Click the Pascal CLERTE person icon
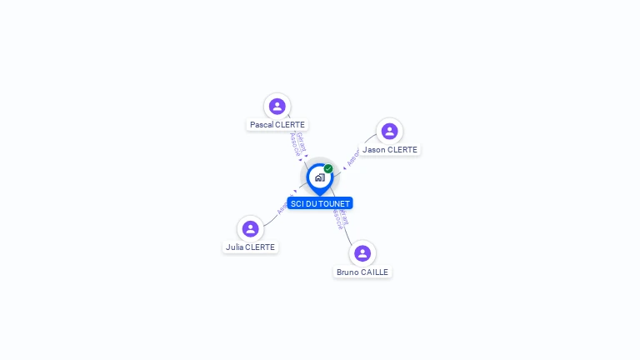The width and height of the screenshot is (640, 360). coord(277,106)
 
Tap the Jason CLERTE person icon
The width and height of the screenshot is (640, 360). coord(389,131)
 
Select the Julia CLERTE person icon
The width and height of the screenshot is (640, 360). coord(250,228)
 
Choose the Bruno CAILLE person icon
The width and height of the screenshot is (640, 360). coord(362,253)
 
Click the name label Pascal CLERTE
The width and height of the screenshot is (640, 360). coord(277,125)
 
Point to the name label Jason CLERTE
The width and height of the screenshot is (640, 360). coord(390,150)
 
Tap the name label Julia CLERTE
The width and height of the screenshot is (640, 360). coord(250,247)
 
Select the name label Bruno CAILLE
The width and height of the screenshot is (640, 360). coord(362,272)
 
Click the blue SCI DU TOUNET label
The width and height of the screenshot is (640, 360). coord(320,203)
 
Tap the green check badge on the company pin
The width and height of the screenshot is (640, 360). coord(328,169)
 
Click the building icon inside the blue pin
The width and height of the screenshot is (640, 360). coord(319,177)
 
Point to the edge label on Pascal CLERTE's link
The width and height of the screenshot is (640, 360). coord(297,144)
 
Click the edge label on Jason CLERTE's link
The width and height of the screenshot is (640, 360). coord(353,157)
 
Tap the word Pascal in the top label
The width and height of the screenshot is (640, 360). coord(262,125)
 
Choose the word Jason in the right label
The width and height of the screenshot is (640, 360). coord(374,150)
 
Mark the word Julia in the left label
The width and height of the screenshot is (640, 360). coord(234,247)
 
